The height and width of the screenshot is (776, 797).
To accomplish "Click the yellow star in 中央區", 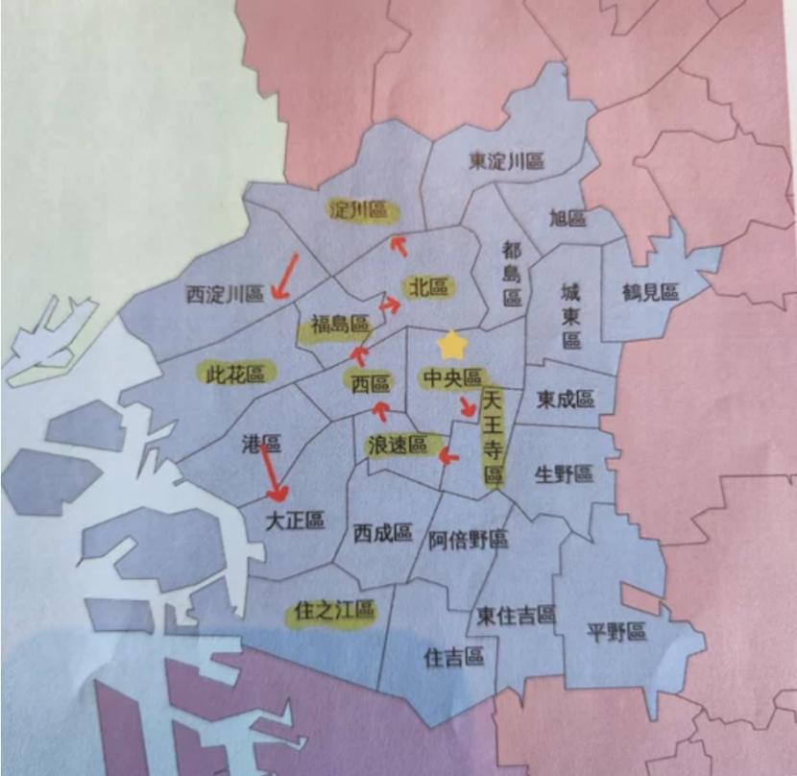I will pyautogui.click(x=450, y=343).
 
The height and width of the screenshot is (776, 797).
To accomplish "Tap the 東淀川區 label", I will pyautogui.click(x=506, y=161).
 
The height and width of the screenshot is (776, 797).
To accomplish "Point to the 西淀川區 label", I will pyautogui.click(x=225, y=294).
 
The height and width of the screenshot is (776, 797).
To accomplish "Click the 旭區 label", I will pyautogui.click(x=568, y=218).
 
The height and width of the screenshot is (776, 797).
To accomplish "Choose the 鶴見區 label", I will pyautogui.click(x=650, y=292).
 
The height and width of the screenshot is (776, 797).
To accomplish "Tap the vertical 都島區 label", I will pyautogui.click(x=512, y=274).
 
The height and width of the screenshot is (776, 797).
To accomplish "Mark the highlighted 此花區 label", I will pyautogui.click(x=235, y=373).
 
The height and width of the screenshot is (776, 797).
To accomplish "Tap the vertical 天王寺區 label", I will pyautogui.click(x=494, y=438).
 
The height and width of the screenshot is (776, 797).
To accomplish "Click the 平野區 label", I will pyautogui.click(x=616, y=631).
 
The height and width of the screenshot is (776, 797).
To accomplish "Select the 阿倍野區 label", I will pyautogui.click(x=468, y=540).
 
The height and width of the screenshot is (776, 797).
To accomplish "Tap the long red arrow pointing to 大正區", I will pyautogui.click(x=273, y=473).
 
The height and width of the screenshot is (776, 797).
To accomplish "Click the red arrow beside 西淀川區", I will pyautogui.click(x=284, y=276).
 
